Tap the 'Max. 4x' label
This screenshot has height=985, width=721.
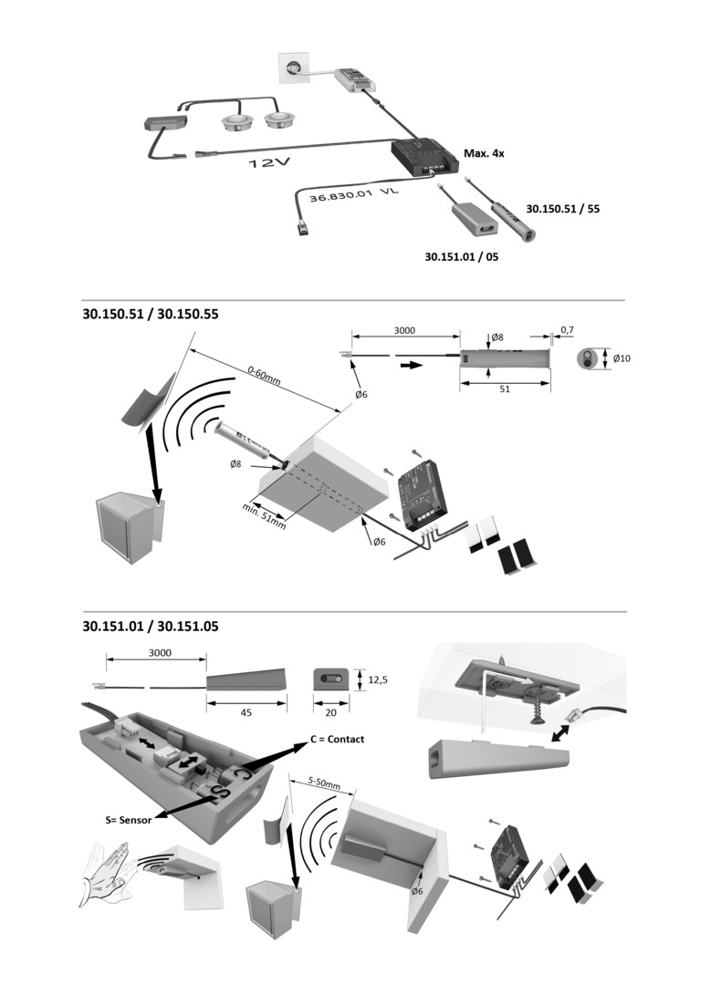tap(484, 153)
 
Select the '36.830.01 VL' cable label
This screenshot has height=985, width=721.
tap(354, 196)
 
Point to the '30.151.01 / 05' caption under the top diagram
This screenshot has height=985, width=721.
tap(462, 257)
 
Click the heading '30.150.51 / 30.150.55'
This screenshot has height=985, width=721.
tap(151, 314)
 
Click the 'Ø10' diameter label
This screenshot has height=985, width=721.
tap(622, 358)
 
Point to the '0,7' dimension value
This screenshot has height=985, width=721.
tap(567, 328)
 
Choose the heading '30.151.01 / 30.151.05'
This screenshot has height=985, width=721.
tap(151, 627)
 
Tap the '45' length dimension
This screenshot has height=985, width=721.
tap(246, 713)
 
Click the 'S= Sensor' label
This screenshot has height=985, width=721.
tap(128, 820)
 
